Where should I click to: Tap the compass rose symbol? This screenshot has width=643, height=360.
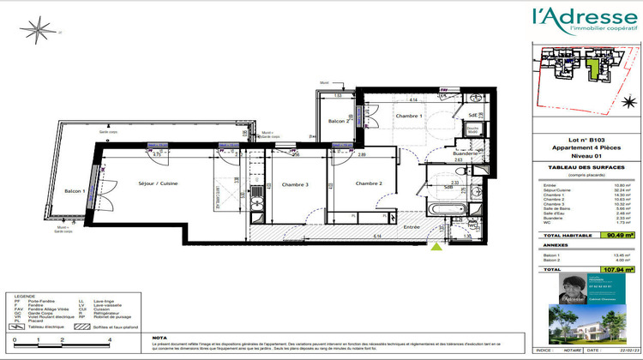pyautogui.click(x=38, y=33)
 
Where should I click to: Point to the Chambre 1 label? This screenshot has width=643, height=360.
pyautogui.click(x=411, y=116)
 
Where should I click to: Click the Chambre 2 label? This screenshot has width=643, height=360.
pyautogui.click(x=369, y=183)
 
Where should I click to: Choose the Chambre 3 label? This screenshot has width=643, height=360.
pyautogui.click(x=295, y=184)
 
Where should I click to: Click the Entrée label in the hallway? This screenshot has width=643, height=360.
pyautogui.click(x=413, y=227)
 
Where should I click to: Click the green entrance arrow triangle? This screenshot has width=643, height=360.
pyautogui.click(x=438, y=248)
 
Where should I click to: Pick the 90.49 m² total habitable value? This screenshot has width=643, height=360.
pyautogui.click(x=619, y=233)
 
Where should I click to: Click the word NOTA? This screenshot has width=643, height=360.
pyautogui.click(x=159, y=338)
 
